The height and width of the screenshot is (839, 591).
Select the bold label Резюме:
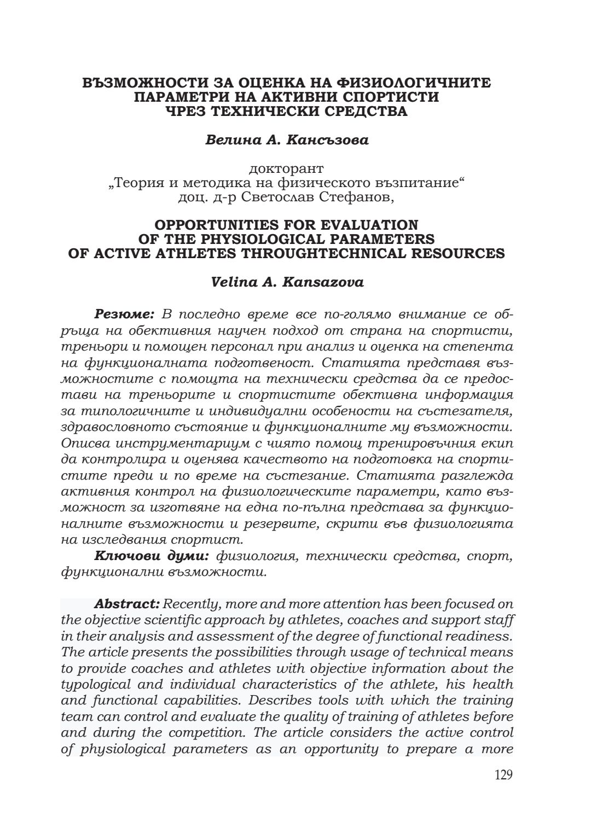pyautogui.click(x=125, y=314)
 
